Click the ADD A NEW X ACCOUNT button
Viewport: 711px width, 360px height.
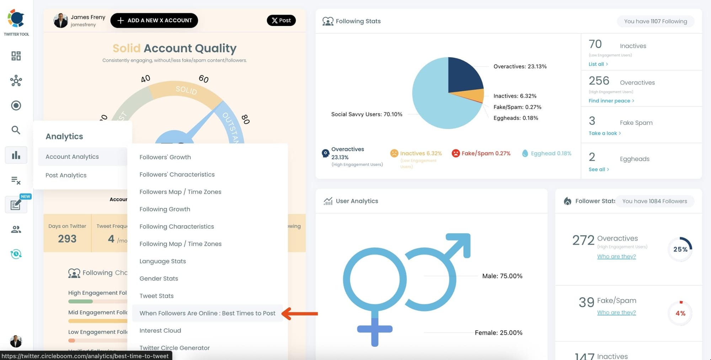pyautogui.click(x=154, y=20)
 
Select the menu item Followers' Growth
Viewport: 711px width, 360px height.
pyautogui.click(x=165, y=157)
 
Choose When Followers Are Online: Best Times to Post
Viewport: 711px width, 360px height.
pyautogui.click(x=207, y=313)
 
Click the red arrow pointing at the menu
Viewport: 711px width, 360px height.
pyautogui.click(x=300, y=313)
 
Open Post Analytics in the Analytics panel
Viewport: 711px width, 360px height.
pyautogui.click(x=66, y=175)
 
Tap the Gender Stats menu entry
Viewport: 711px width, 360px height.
pyautogui.click(x=159, y=278)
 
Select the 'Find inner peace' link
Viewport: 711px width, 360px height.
pyautogui.click(x=611, y=101)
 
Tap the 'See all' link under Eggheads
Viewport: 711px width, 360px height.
pyautogui.click(x=598, y=169)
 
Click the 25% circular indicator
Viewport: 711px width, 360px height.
pyautogui.click(x=680, y=249)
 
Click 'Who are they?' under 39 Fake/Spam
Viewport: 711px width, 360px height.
pyautogui.click(x=616, y=312)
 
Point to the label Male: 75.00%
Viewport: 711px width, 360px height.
pyautogui.click(x=502, y=276)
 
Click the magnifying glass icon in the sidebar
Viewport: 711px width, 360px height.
pyautogui.click(x=16, y=130)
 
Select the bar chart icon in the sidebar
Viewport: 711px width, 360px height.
pyautogui.click(x=16, y=155)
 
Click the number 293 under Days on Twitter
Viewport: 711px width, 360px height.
pyautogui.click(x=67, y=239)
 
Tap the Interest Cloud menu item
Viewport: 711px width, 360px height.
pyautogui.click(x=160, y=330)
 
